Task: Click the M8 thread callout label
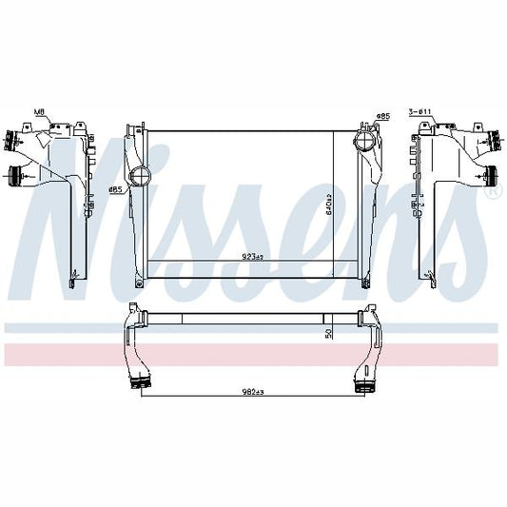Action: [x=39, y=112]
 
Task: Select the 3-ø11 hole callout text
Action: [x=420, y=112]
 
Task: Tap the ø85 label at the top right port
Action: [x=383, y=116]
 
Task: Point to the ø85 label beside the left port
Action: [x=114, y=189]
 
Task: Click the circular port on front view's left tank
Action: [x=140, y=177]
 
